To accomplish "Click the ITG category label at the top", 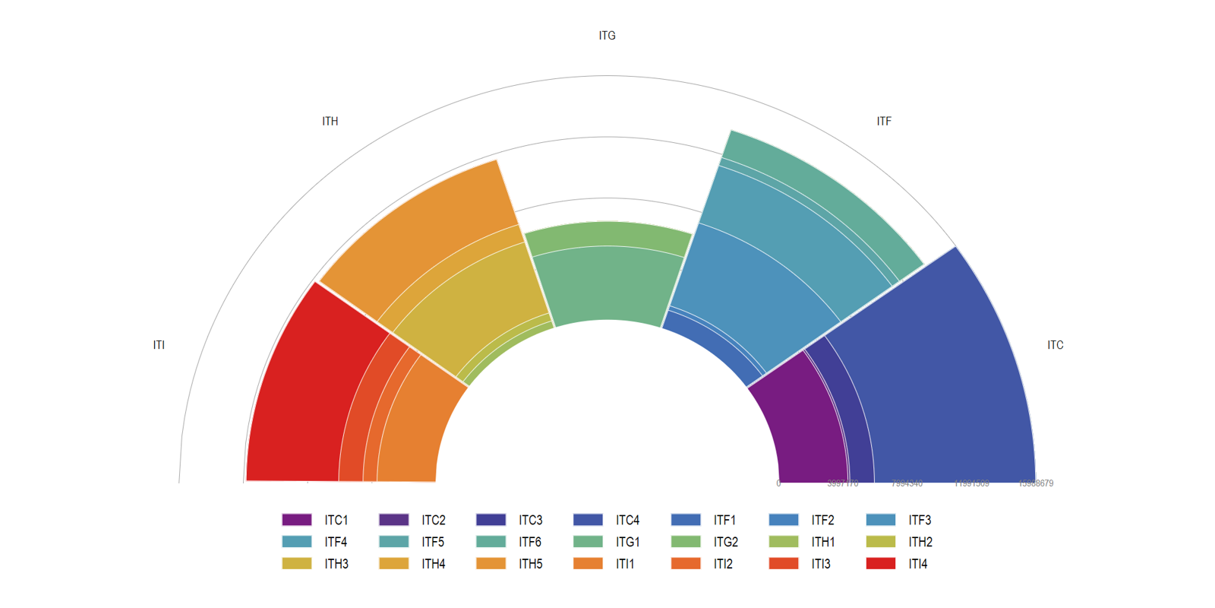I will [607, 36].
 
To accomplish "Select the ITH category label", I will [330, 122].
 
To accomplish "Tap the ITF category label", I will [884, 122].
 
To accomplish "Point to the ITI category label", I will [159, 345].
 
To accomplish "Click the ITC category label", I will [1056, 345].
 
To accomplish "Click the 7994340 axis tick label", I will [907, 483].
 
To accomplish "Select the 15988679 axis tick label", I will [1036, 483].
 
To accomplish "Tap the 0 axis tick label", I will [778, 483].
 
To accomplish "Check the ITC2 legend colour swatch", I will [393, 521].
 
